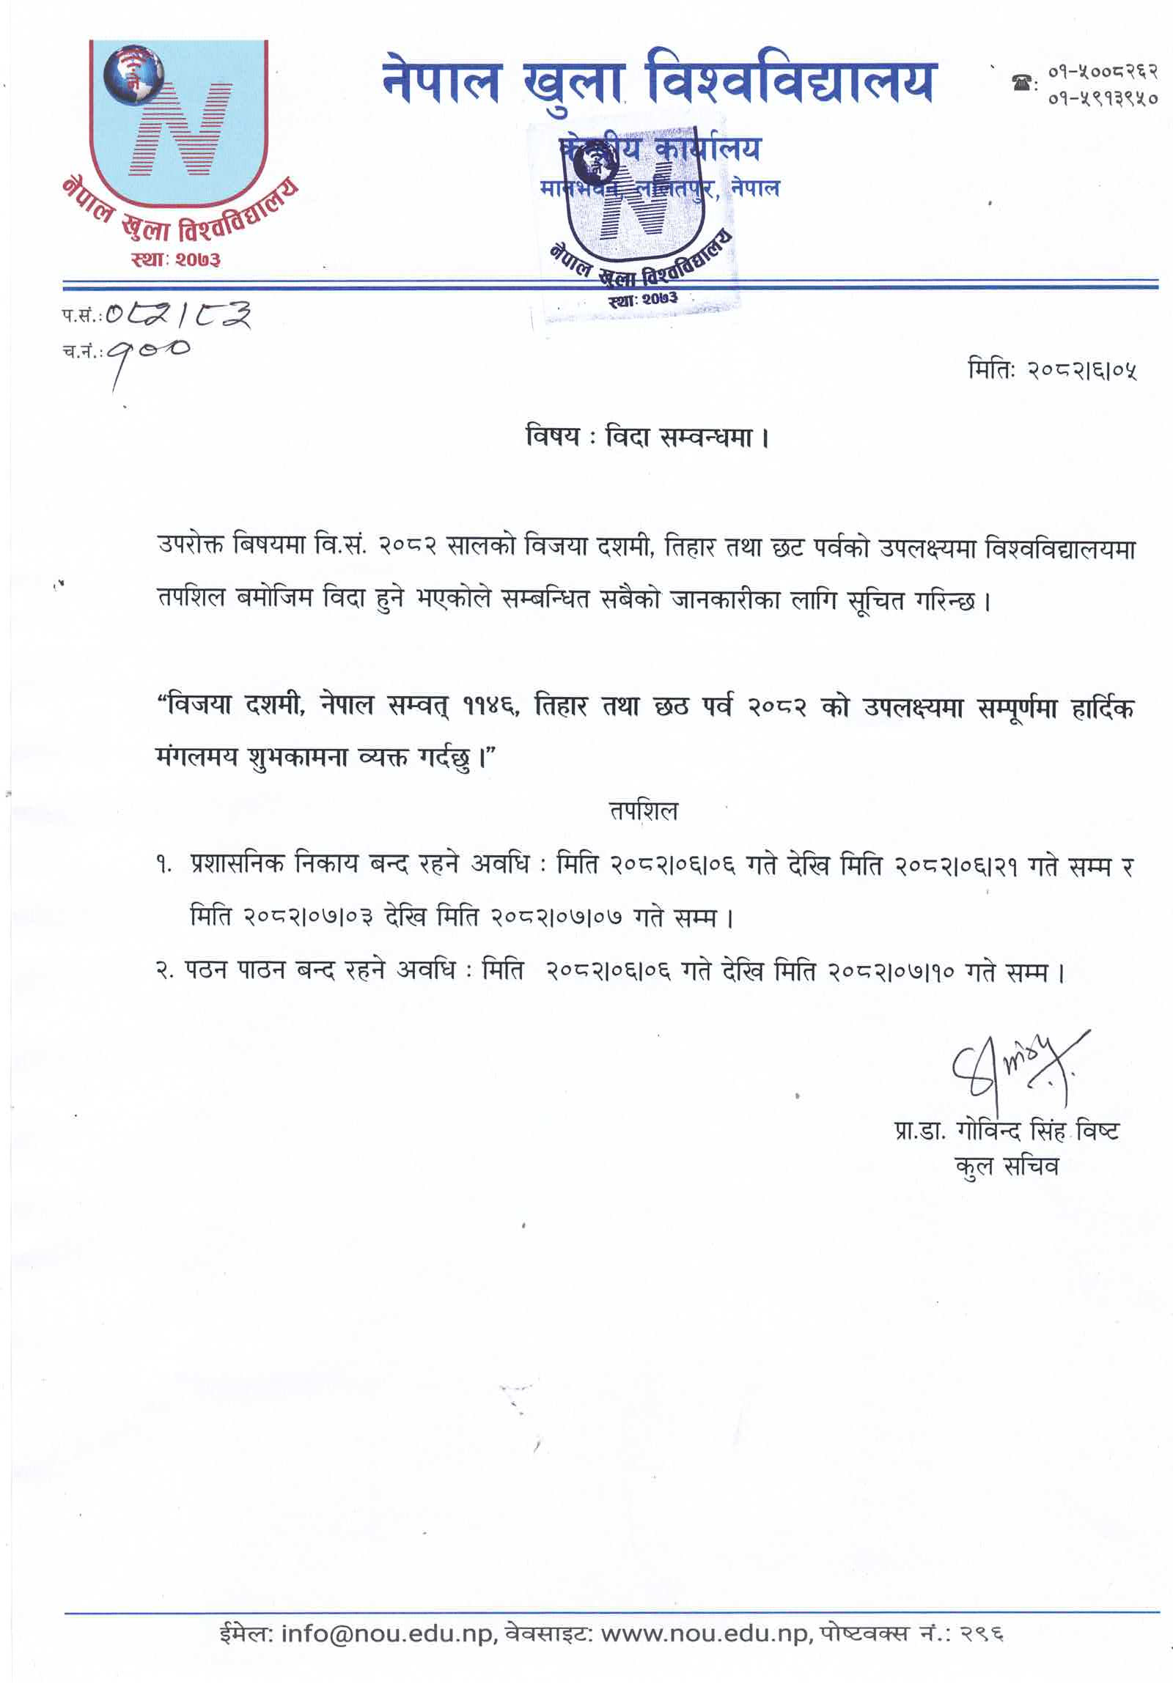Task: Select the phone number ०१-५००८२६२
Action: [1103, 72]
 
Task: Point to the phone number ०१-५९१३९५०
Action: [1103, 97]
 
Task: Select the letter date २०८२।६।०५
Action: [1082, 371]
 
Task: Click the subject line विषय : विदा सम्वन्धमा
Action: [647, 437]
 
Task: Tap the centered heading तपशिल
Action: [644, 811]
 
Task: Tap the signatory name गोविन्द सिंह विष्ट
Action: [1037, 1131]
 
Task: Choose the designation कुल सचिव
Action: [1007, 1165]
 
